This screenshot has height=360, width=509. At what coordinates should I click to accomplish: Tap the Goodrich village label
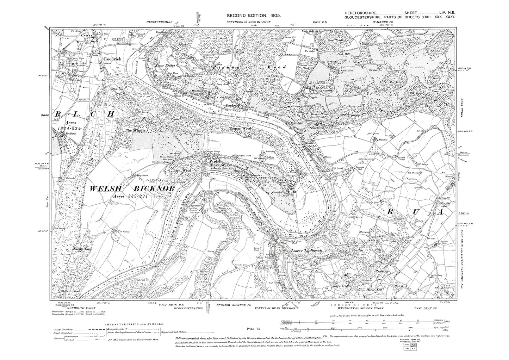(112, 59)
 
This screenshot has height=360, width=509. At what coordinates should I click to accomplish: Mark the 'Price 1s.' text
(253, 328)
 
